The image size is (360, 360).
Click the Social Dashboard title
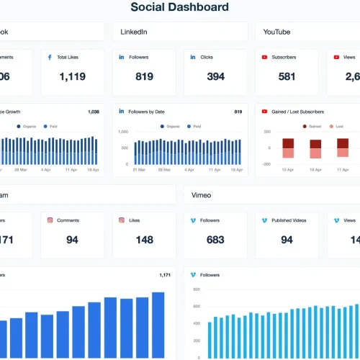(179, 8)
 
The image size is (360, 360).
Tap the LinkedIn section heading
(134, 32)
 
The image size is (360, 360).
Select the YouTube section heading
(277, 32)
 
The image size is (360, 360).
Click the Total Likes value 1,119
(72, 76)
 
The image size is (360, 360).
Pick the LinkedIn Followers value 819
(144, 76)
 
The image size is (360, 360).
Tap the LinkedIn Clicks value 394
(215, 76)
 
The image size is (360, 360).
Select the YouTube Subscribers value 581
(287, 76)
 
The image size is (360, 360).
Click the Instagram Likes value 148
(144, 240)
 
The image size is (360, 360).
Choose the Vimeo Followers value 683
(215, 240)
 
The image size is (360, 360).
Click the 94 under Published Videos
(287, 240)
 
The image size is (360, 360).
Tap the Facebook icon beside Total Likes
(50, 57)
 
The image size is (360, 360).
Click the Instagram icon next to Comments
(50, 220)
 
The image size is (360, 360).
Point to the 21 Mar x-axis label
(140, 170)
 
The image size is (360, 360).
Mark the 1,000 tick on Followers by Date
(122, 132)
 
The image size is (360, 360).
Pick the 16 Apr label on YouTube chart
(315, 170)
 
